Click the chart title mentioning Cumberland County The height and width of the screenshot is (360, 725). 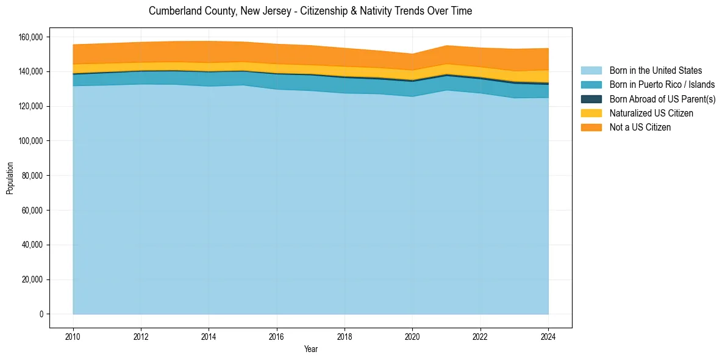point(310,11)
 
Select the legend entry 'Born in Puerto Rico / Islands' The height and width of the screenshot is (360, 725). point(662,85)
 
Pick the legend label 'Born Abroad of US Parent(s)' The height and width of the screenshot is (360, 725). point(662,99)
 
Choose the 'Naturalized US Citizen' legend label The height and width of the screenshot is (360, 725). point(651,113)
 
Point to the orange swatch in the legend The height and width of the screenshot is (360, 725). point(591,127)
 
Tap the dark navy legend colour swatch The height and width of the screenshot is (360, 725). point(591,99)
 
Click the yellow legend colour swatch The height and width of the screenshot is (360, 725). point(591,113)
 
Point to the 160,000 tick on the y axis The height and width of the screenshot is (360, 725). point(30,37)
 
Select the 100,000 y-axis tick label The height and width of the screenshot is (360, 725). point(30,141)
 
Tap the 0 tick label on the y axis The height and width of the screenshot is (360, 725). point(40,314)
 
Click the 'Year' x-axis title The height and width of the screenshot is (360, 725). point(310,350)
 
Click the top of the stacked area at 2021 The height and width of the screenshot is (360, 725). point(446,46)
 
